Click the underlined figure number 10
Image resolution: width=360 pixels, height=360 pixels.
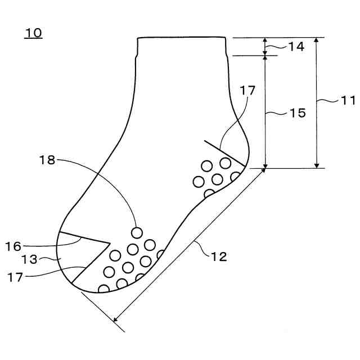click(33, 33)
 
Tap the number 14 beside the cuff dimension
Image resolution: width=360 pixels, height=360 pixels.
click(296, 47)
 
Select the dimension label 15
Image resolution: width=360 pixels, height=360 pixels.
click(298, 113)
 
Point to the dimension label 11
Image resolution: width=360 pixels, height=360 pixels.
click(348, 101)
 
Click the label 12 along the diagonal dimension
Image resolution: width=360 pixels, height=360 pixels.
click(219, 257)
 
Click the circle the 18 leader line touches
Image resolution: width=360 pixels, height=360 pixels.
click(136, 232)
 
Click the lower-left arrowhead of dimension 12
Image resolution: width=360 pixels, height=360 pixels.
click(116, 321)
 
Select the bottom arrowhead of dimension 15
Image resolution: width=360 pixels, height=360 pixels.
click(266, 165)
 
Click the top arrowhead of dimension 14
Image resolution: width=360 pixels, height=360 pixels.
click(266, 40)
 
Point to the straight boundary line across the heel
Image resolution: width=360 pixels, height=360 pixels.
click(225, 152)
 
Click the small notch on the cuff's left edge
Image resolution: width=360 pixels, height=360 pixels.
click(137, 56)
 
